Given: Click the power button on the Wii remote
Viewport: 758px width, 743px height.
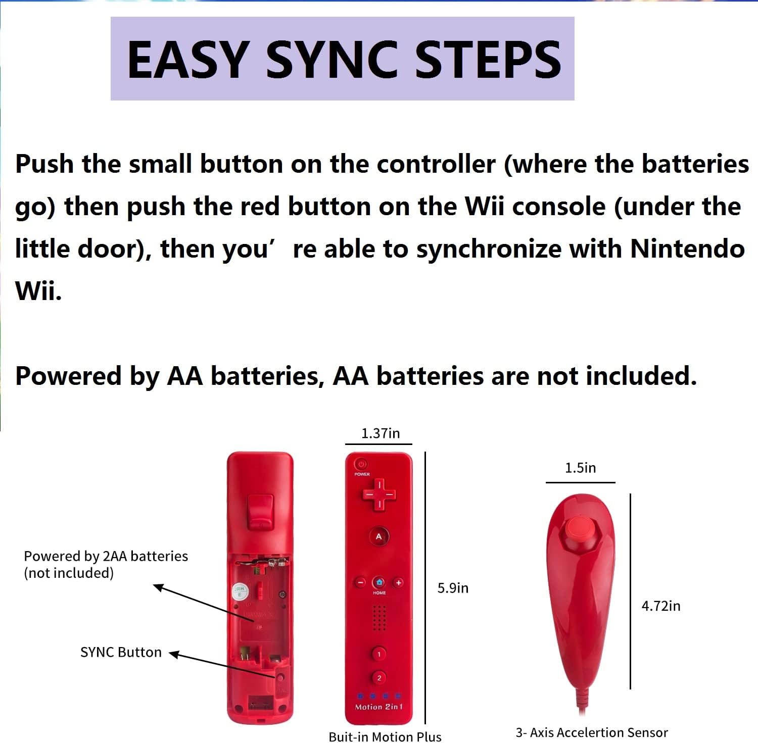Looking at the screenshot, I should click(x=361, y=464).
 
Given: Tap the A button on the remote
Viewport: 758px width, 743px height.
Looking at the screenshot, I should click(x=379, y=536).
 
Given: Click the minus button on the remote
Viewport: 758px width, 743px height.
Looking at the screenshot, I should click(x=360, y=582).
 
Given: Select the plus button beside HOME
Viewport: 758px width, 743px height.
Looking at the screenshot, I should click(x=398, y=582).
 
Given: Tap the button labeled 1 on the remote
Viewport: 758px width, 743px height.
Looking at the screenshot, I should click(x=379, y=654).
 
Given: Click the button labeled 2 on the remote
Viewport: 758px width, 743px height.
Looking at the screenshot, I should click(x=379, y=678).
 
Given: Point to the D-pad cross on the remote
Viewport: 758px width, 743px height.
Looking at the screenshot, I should click(x=379, y=494).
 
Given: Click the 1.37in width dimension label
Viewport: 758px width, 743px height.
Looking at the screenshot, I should click(x=380, y=433).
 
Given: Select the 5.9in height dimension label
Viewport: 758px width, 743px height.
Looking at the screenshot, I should click(x=453, y=588).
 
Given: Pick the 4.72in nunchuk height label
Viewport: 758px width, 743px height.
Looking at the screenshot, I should click(x=660, y=606).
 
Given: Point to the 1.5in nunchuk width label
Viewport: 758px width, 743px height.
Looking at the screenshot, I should click(x=580, y=468).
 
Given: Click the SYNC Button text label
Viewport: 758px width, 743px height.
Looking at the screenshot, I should click(x=121, y=652).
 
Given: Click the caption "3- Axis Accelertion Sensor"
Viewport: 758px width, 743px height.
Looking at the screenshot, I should click(x=591, y=732).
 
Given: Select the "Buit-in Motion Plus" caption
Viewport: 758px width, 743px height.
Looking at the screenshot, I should click(x=385, y=737).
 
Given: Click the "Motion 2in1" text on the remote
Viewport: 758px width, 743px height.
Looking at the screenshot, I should click(x=379, y=707).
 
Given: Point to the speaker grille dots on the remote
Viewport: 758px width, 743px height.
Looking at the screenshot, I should click(x=379, y=618).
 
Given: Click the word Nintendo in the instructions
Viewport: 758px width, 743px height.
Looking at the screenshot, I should click(x=687, y=249).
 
